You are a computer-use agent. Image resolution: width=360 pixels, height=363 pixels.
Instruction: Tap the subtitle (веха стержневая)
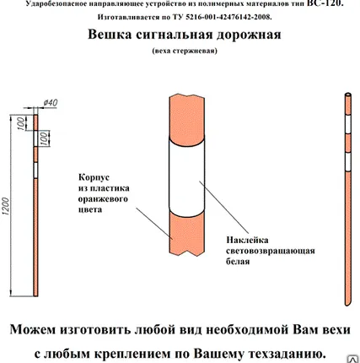coord(184,51)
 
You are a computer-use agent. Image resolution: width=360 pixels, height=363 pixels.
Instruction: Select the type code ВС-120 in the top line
coord(325,4)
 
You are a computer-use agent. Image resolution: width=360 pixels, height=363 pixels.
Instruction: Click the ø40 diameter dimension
coord(50,103)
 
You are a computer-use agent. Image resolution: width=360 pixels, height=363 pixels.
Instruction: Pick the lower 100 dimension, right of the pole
coord(46,137)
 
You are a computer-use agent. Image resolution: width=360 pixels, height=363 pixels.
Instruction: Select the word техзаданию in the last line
coord(282,352)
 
